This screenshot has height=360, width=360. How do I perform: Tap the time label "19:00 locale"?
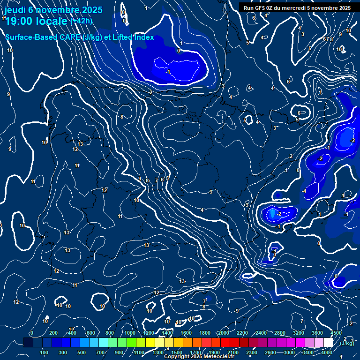[x=37, y=21]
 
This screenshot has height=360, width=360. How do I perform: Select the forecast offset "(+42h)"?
[x=81, y=21]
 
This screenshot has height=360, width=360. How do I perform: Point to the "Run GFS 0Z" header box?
[x=297, y=7]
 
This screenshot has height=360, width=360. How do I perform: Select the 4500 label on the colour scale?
[x=336, y=333]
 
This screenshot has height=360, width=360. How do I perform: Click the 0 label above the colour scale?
[x=32, y=333]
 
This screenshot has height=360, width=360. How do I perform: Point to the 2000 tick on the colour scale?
[x=224, y=333]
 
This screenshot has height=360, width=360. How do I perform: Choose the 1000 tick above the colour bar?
[x=130, y=333]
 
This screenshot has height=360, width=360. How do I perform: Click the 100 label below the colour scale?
[x=44, y=352]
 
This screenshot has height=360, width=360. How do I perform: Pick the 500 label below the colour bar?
[x=82, y=352]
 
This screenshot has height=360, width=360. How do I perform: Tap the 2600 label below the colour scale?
[x=270, y=352]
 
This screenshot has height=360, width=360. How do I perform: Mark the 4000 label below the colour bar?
[x=327, y=352]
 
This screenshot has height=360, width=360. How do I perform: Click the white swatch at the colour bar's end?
[x=329, y=343]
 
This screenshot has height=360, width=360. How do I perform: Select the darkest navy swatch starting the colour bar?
[x=28, y=343]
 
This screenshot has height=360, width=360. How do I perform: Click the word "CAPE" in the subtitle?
[x=70, y=37]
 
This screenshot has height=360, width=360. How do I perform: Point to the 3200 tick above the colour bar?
[x=299, y=333]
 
